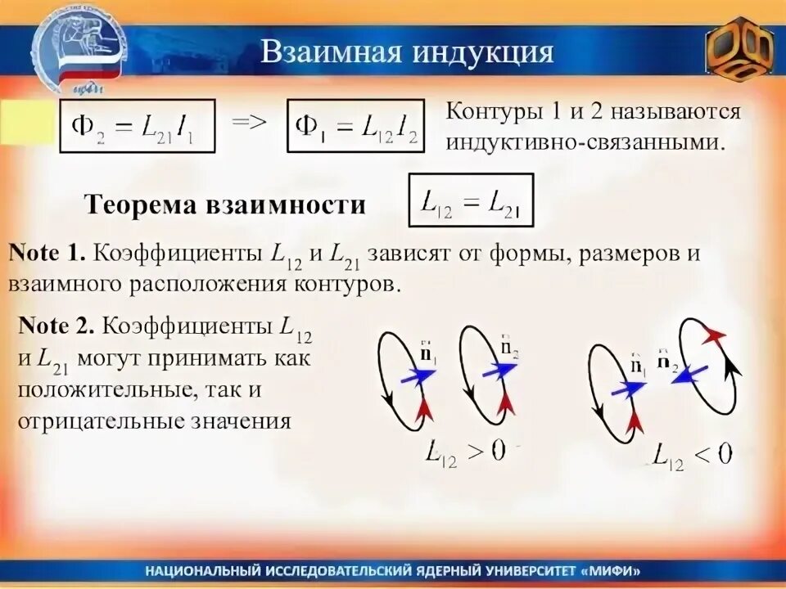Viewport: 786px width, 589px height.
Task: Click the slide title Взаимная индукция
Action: click(407, 52)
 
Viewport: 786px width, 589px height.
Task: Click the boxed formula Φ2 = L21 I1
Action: click(137, 126)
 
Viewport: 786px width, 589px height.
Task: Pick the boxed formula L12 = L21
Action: click(471, 200)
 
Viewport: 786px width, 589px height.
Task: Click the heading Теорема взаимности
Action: click(225, 205)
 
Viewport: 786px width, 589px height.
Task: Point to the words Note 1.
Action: click(47, 253)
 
